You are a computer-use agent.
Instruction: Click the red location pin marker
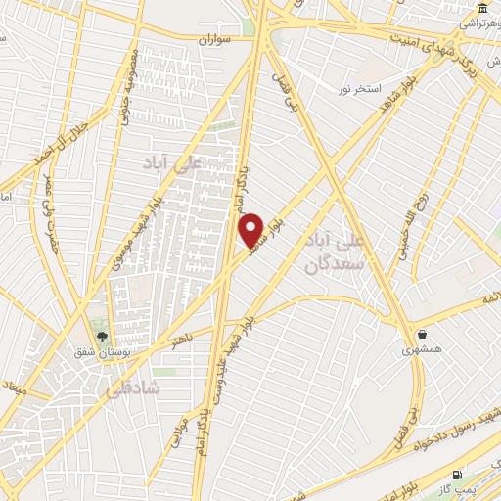(252, 229)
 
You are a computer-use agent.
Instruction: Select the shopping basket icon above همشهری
(422, 333)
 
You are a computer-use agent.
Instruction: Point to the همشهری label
(422, 348)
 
